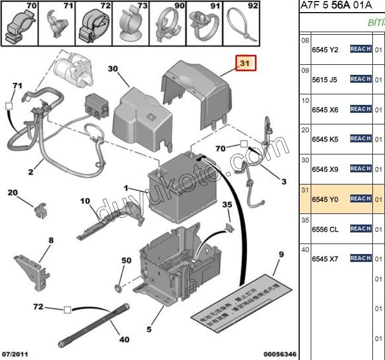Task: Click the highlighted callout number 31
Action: point(245,64)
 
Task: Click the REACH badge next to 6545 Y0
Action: point(361,199)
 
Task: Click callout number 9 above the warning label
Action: point(281,255)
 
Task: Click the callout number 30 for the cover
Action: point(113,69)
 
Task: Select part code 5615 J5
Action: point(324,80)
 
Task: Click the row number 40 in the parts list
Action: point(305,249)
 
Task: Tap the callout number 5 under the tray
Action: point(149,329)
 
